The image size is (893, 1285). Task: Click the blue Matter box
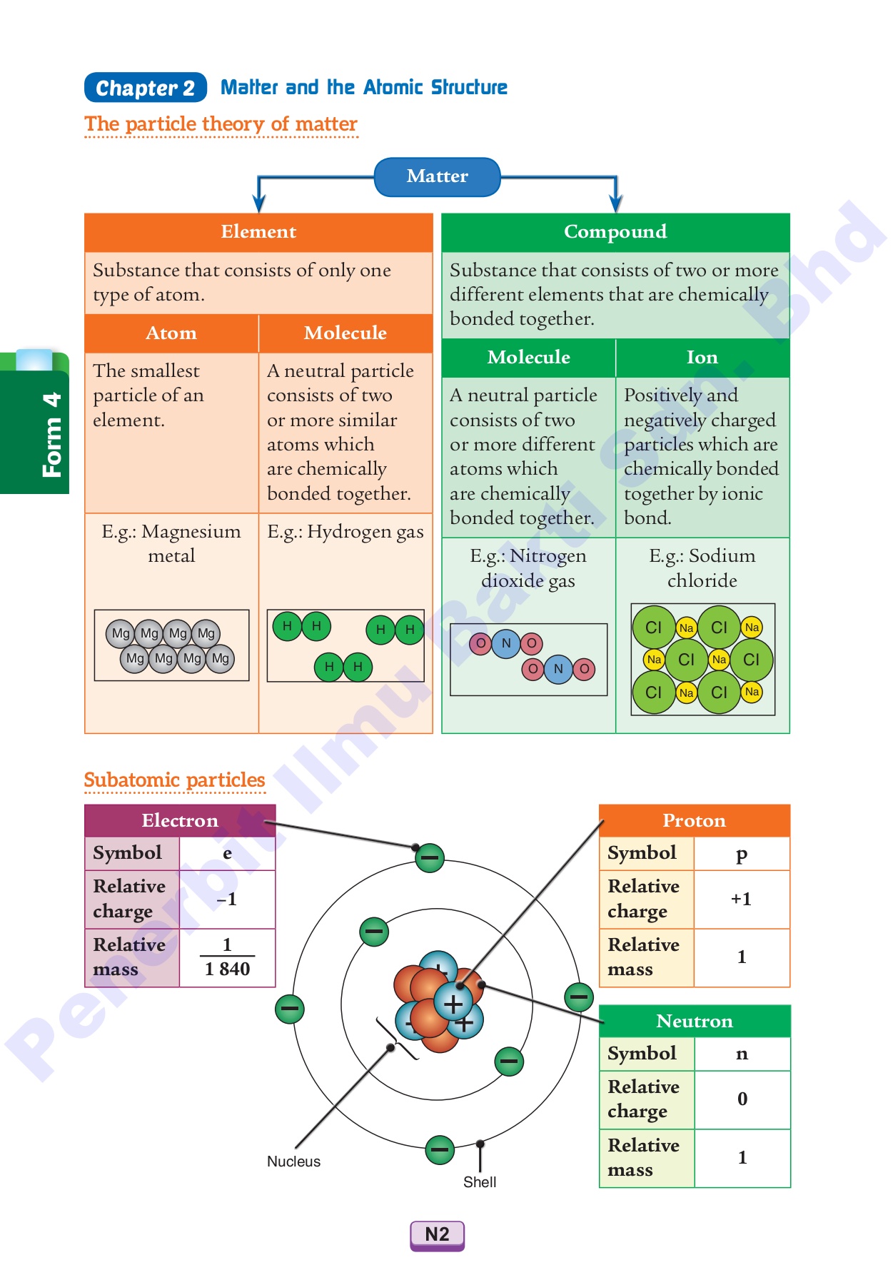[437, 176]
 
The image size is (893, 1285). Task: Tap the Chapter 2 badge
[146, 88]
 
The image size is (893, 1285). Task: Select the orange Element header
[258, 232]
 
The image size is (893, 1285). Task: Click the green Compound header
[615, 232]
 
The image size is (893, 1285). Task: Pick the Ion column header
[702, 358]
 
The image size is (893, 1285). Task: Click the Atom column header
[171, 333]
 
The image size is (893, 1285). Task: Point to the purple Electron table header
[180, 820]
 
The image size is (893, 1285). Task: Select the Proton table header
[694, 820]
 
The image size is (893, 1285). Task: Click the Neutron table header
[694, 1021]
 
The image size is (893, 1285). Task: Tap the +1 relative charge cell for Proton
[741, 899]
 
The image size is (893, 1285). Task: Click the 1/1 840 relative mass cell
[227, 957]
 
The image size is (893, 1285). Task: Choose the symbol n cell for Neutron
[742, 1054]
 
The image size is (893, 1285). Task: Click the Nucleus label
[293, 1161]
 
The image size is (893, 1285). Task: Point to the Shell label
[480, 1182]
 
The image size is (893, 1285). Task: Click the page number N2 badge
[437, 1234]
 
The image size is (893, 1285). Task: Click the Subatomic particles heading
[174, 780]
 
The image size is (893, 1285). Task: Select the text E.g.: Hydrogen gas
[345, 532]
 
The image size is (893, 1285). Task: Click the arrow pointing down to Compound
[615, 201]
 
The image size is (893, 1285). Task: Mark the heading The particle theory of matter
[221, 124]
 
